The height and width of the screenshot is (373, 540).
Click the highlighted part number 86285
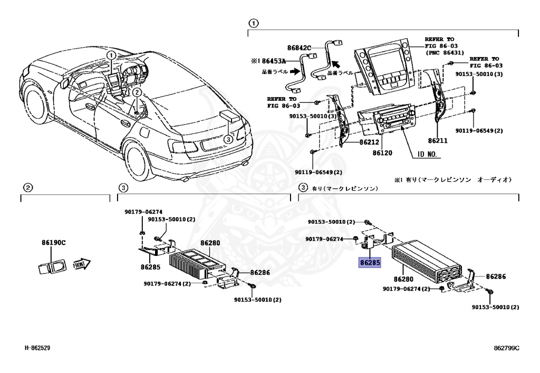tap(370, 262)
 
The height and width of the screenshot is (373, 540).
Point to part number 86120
tap(383, 152)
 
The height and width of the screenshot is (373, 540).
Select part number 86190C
tap(53, 243)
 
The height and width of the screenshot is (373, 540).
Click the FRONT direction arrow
tap(82, 263)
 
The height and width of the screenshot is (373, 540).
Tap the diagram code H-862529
tap(37, 348)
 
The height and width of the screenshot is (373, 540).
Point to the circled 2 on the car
tap(137, 92)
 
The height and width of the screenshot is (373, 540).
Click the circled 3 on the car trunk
tap(227, 139)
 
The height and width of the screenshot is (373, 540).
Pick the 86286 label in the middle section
tap(260, 273)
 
